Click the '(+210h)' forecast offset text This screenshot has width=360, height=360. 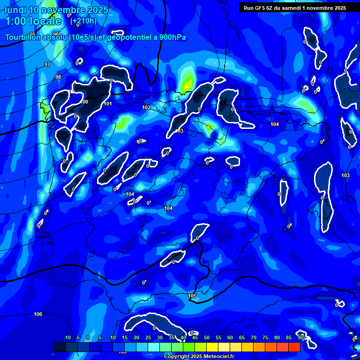83,21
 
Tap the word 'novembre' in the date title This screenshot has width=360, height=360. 64,10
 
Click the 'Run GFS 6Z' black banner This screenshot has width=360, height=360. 294,8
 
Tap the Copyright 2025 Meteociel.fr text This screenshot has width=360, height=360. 199,357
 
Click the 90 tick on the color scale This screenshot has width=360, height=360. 300,337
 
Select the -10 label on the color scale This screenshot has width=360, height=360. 67,337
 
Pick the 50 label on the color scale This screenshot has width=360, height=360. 207,337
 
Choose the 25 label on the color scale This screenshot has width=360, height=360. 148,337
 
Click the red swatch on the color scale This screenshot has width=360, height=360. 294,347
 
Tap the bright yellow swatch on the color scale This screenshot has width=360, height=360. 212,347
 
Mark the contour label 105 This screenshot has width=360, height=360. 192,296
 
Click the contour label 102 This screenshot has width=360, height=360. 146,107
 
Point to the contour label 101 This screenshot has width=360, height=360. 108,104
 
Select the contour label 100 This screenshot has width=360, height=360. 84,102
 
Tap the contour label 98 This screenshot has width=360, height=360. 58,77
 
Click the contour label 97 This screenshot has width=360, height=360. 47,64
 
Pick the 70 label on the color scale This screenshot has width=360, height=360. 254,337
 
